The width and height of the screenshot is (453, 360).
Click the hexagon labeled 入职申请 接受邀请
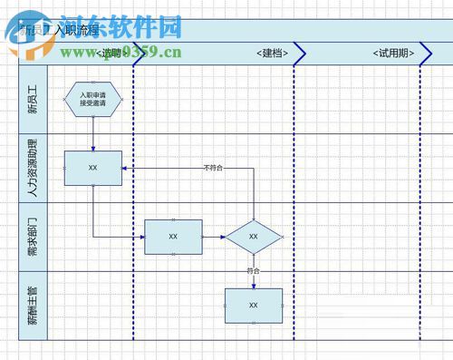tap(93, 98)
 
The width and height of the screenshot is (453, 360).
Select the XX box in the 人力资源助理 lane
tap(93, 168)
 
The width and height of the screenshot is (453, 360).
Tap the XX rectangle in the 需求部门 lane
tap(173, 236)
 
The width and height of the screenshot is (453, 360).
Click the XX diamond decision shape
tap(254, 237)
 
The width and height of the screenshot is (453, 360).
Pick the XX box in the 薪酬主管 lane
tap(254, 306)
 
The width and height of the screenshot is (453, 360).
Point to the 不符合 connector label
tap(213, 168)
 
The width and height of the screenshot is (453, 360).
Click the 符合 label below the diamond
tap(254, 270)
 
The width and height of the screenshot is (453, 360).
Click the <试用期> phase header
tap(393, 54)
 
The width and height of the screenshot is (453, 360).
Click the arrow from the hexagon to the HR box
tap(92, 131)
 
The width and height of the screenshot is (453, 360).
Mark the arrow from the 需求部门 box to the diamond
tap(214, 237)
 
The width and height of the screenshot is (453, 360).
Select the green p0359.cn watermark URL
tap(145, 52)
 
